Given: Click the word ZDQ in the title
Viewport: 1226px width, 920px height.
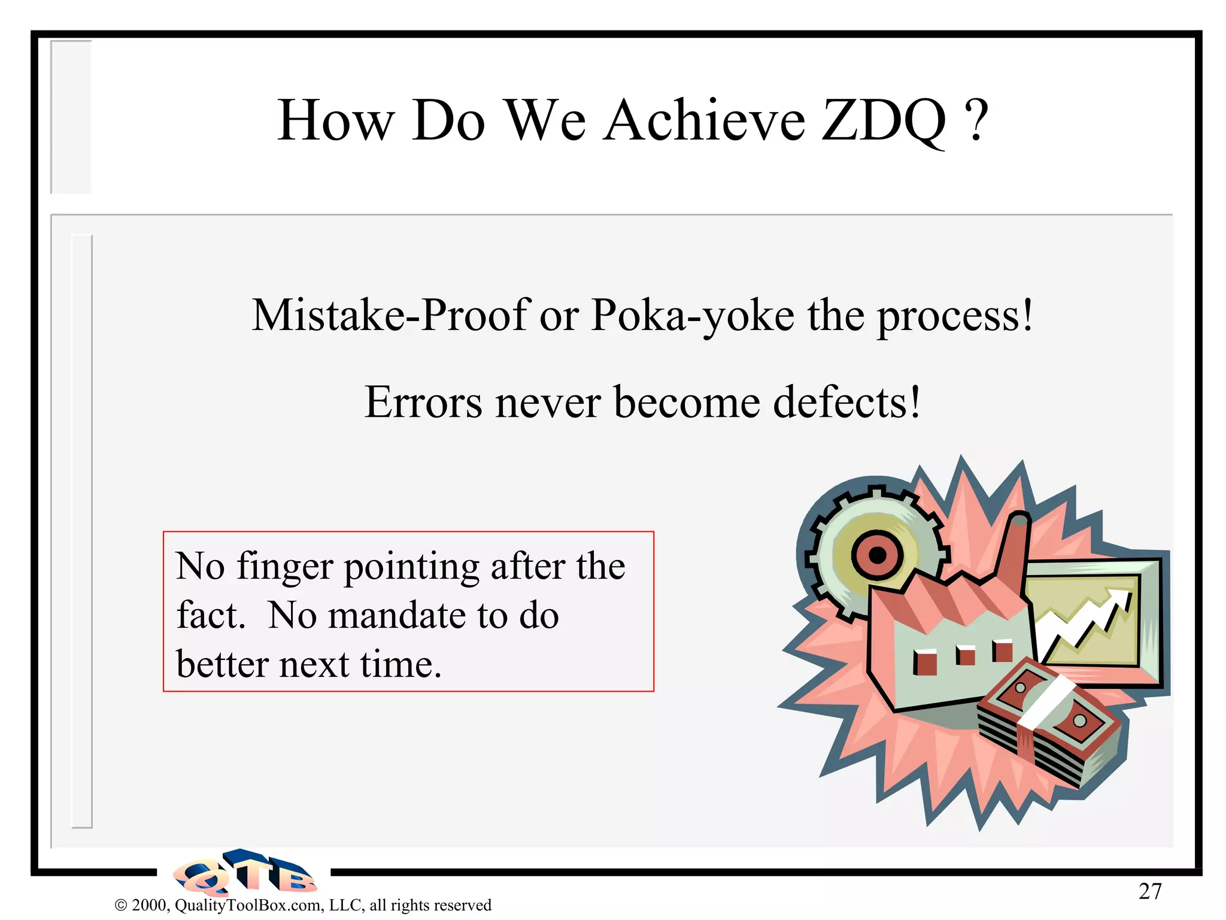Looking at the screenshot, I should pos(884,122).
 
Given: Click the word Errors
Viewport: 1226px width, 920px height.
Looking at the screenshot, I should pos(423,402).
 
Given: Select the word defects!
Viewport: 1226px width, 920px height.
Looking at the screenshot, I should pos(846,402).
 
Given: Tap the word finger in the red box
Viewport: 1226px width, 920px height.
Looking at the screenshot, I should pos(284,567).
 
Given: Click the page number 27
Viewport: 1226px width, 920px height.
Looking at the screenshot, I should pos(1150,891).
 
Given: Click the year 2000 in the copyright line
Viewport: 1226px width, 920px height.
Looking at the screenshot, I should pos(150,905).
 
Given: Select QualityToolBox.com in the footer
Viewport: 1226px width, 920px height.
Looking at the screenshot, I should pos(248,905).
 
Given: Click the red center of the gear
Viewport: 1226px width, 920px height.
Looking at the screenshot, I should pos(877,555).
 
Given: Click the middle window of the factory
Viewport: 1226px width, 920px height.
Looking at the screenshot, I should pos(964,655).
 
